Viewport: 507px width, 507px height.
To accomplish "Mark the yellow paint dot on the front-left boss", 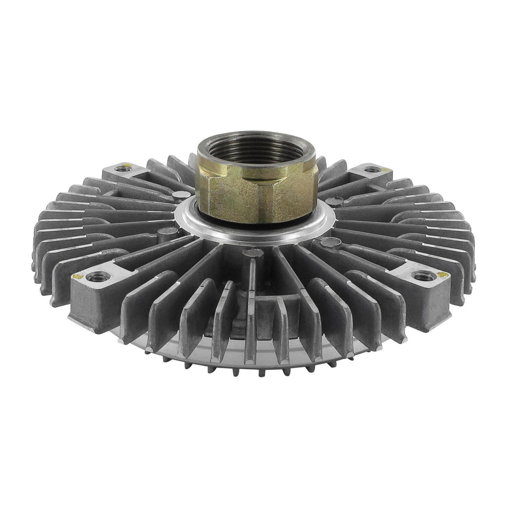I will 76,277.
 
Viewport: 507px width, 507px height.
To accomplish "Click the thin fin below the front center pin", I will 251,301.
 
